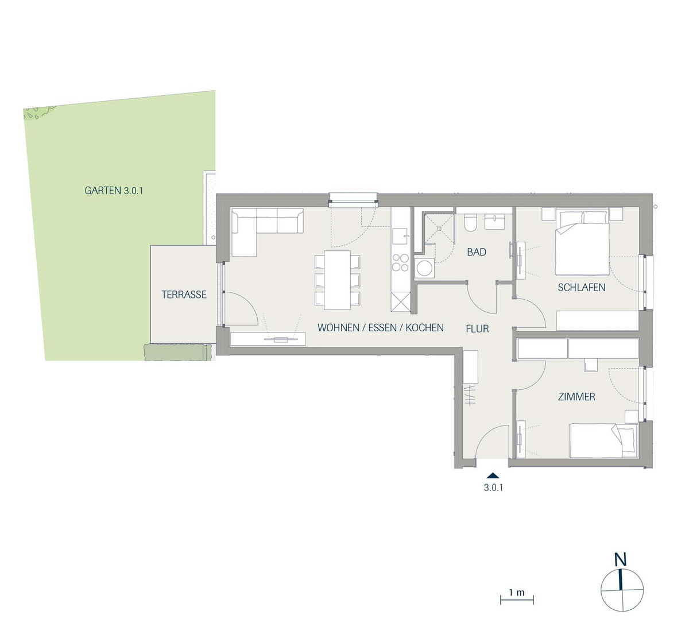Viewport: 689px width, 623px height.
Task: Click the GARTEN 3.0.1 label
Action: pos(114,191)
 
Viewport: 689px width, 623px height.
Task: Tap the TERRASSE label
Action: pos(184,295)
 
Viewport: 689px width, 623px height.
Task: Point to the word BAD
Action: pos(477,252)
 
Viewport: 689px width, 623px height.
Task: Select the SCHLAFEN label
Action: pos(582,288)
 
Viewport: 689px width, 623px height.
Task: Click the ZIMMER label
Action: pos(576,397)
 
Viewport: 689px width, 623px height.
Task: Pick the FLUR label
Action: pos(478,329)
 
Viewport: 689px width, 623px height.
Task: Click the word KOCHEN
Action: pos(425,327)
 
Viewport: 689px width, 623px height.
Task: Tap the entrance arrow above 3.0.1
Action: pos(494,475)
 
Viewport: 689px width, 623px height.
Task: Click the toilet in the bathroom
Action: pos(470,223)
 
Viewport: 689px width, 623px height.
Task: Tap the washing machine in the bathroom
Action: pos(424,268)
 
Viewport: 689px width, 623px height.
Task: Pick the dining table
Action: pos(338,280)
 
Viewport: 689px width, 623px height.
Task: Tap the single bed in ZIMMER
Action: pos(603,440)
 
